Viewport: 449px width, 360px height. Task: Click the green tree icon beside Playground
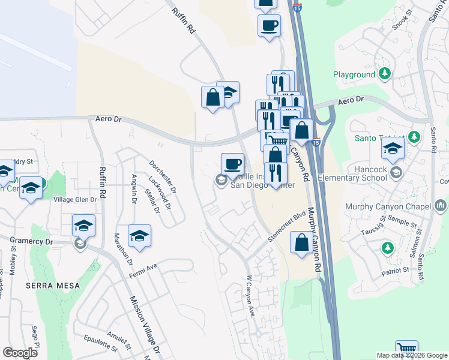click(385, 74)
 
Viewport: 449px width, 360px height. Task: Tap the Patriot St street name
click(397, 271)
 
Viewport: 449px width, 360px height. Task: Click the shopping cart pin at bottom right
click(407, 349)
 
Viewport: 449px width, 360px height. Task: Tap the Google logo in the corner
click(20, 353)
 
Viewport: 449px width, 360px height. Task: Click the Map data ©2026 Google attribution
click(411, 355)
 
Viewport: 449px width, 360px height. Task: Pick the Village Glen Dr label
click(75, 200)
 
